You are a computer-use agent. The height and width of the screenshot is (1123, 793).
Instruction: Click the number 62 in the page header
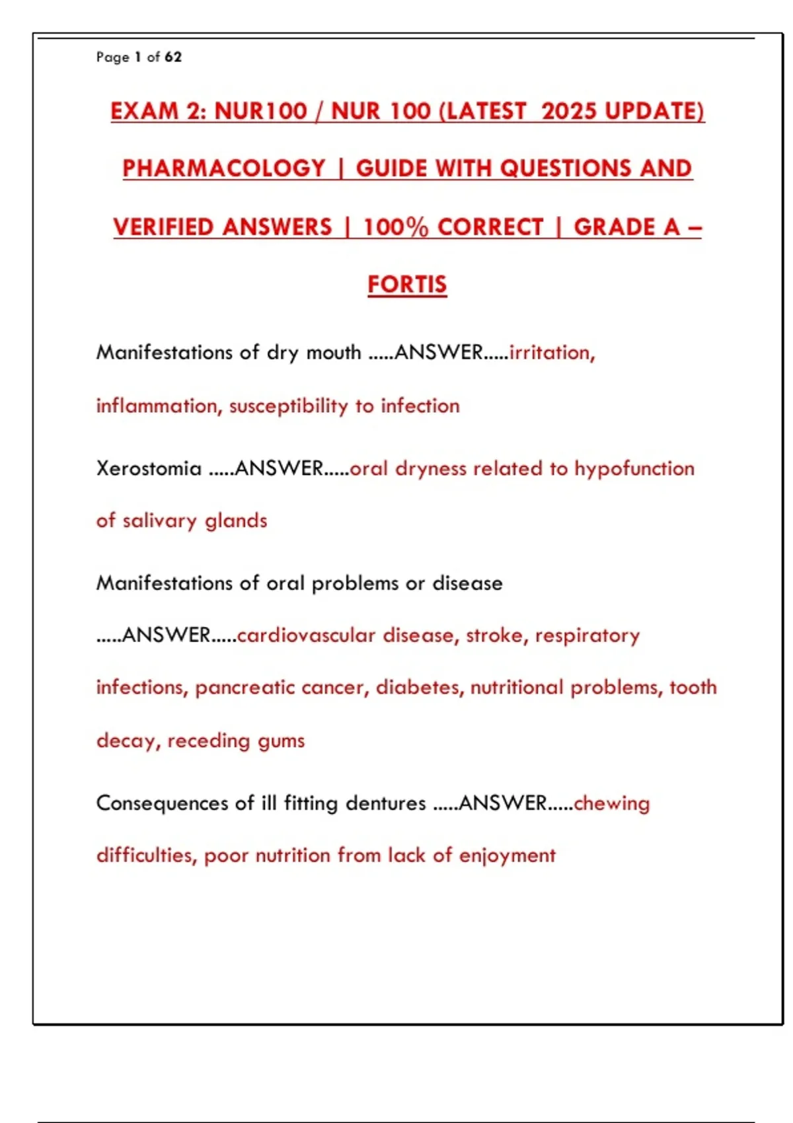[x=173, y=57]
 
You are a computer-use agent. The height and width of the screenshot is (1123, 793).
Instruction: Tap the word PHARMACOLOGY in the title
[x=224, y=168]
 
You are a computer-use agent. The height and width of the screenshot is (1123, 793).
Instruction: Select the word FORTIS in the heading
[x=407, y=285]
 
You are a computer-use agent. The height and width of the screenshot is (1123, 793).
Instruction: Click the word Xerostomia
[x=149, y=468]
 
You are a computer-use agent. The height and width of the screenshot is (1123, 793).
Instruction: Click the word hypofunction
[x=634, y=468]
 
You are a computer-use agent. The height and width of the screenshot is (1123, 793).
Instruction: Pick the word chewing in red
[x=612, y=803]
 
